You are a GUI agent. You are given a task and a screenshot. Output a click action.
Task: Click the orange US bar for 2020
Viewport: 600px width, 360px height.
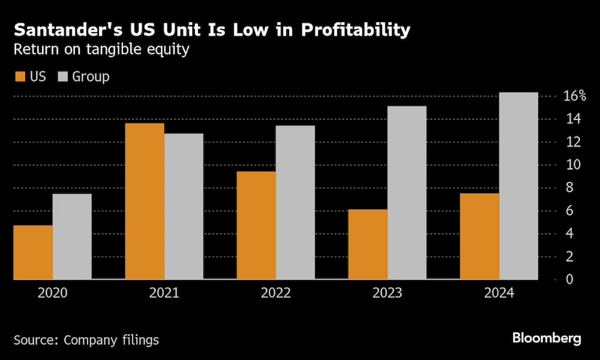coord(33,252)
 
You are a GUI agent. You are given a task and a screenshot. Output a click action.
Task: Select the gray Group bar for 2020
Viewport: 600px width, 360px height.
coord(72,236)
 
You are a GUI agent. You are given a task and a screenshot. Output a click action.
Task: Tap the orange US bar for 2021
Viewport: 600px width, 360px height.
coord(145,201)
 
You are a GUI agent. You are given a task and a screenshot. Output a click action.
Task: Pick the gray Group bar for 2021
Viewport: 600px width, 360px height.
coord(184,206)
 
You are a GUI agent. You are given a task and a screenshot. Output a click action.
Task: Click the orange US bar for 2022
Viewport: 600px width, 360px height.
coord(256,225)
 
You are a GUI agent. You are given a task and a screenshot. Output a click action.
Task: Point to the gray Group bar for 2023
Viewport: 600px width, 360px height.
coord(407,193)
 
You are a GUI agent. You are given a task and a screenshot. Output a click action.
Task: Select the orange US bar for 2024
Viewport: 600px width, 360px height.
coord(479,236)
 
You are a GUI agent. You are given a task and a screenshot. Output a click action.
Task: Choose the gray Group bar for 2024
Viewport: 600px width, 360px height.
coord(518,186)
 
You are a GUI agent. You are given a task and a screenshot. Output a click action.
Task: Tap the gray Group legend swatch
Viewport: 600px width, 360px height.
coord(64,77)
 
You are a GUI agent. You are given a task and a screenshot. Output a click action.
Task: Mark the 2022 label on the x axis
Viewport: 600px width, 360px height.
coord(276,294)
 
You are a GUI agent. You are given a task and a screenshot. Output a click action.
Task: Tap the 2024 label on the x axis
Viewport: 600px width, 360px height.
coord(499,294)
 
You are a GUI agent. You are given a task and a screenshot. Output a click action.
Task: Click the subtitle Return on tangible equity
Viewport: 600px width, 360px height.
coord(101,50)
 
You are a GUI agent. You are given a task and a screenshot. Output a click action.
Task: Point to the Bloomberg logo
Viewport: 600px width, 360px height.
coord(547,338)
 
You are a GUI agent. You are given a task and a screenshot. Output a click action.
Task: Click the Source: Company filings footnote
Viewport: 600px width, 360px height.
coord(86,340)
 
